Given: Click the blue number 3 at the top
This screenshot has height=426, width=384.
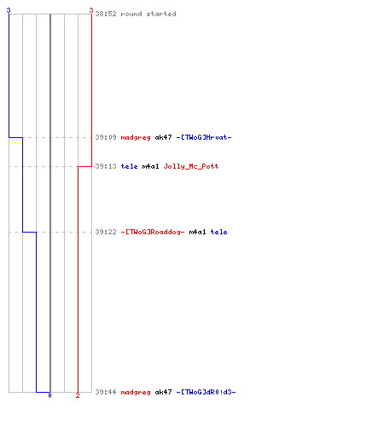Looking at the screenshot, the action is point(9,10).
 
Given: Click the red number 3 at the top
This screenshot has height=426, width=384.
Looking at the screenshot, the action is point(91,10).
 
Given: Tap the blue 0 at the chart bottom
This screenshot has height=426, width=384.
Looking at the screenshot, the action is point(49,395).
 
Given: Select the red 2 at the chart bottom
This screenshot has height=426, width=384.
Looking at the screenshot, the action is point(78,395).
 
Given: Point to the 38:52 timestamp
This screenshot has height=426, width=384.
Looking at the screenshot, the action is point(106,14).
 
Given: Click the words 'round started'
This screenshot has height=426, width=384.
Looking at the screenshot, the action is point(148,14).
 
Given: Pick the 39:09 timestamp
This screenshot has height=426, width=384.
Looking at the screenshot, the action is point(106,137).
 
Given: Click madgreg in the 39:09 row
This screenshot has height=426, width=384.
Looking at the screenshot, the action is point(136,138).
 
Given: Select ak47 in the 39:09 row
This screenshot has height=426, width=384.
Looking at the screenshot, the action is point(163,137).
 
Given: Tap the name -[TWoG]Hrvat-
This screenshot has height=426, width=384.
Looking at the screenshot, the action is point(204,137).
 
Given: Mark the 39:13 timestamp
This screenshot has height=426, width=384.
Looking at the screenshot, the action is point(106,166).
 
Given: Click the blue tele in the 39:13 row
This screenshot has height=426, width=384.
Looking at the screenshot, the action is point(129,166).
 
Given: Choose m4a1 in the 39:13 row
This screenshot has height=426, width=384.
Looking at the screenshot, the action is point(150,166).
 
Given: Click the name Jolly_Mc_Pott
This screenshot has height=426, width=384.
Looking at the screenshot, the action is point(191,166).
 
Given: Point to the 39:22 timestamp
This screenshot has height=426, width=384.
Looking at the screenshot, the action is point(106,232).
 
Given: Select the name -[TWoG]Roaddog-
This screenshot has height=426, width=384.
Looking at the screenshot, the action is point(153,233).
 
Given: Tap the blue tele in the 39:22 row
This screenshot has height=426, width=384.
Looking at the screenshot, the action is point(218,232).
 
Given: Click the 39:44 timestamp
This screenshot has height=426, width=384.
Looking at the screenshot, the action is point(106,392).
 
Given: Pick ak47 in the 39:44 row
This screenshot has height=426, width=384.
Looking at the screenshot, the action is point(163,392).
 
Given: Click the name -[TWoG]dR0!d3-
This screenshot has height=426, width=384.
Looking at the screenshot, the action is point(206,392).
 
